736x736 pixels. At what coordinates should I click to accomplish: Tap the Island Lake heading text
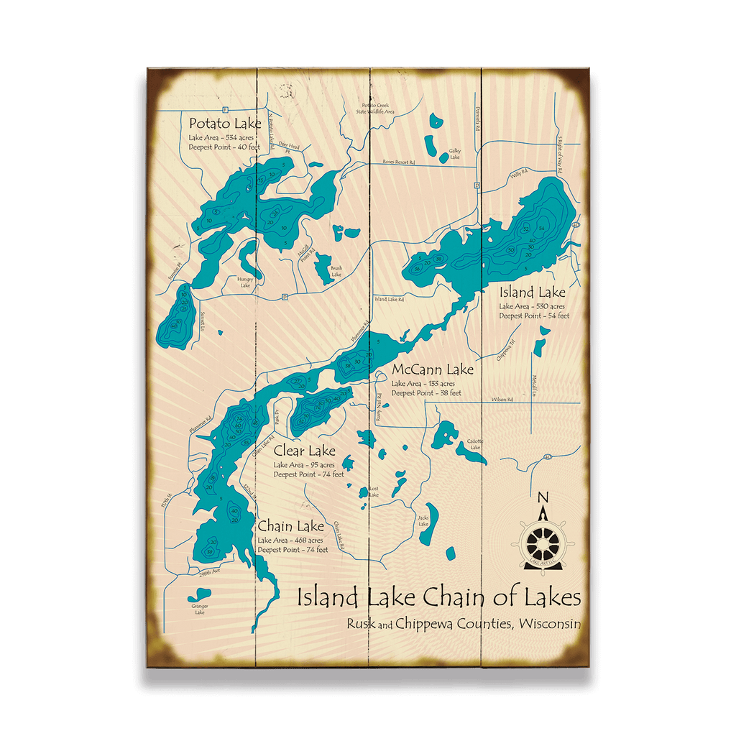click(533, 293)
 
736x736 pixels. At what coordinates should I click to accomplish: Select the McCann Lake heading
click(433, 370)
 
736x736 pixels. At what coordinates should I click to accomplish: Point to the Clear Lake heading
click(304, 451)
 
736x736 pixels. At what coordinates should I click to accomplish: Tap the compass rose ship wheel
click(543, 541)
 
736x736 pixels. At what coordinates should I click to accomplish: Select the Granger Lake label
click(199, 609)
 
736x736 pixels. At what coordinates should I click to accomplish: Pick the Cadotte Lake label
click(475, 444)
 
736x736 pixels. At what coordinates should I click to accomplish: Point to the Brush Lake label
click(336, 271)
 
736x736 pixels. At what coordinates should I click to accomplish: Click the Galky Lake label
click(454, 154)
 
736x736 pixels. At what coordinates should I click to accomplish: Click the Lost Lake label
click(373, 492)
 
